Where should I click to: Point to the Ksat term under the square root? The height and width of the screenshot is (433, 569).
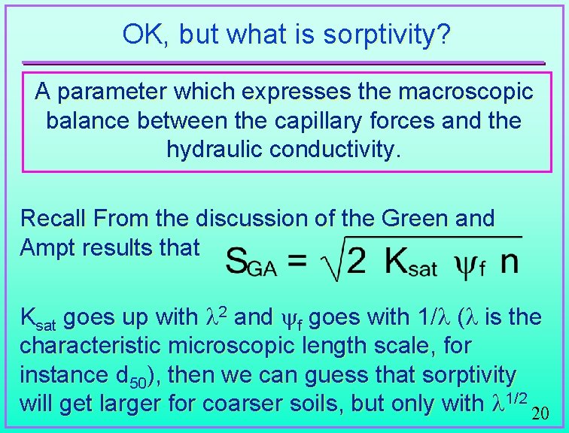pos(411,262)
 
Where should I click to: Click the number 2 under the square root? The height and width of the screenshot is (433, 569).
pos(357,260)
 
